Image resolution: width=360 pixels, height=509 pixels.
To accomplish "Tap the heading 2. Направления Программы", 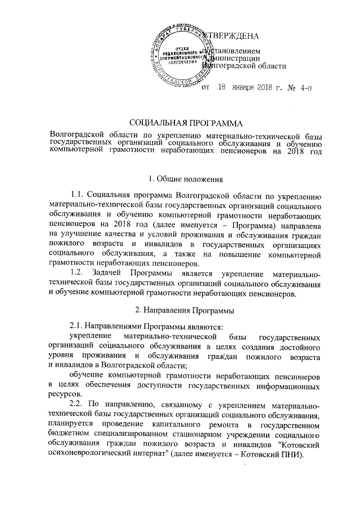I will (186, 310).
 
